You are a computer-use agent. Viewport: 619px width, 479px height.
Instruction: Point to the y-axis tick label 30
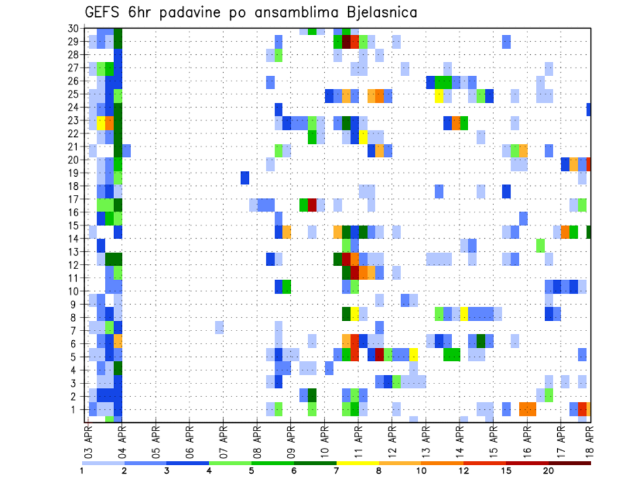tap(74, 28)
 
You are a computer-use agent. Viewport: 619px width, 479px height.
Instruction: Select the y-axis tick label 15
tap(74, 226)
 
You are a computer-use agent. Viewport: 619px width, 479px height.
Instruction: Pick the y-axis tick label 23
tap(74, 120)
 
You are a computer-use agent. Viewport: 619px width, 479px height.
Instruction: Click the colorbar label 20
tap(549, 471)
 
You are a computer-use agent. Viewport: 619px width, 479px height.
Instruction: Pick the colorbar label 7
tap(337, 471)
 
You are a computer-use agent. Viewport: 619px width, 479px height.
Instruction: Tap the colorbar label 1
tap(82, 471)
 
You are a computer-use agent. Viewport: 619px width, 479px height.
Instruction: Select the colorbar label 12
tap(464, 471)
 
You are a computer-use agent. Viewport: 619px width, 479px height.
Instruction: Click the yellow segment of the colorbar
tap(357, 462)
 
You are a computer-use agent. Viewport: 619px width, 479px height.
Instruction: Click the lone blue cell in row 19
tap(245, 178)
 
